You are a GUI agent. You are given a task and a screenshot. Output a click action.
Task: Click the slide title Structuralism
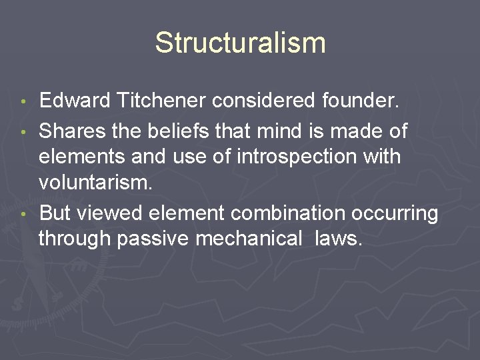(x=240, y=43)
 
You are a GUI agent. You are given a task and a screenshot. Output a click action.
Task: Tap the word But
(x=55, y=213)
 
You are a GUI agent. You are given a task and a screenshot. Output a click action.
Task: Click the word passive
(x=153, y=239)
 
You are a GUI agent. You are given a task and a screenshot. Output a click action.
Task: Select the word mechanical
(x=249, y=238)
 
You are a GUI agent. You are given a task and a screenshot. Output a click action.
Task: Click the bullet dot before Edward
(x=24, y=103)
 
